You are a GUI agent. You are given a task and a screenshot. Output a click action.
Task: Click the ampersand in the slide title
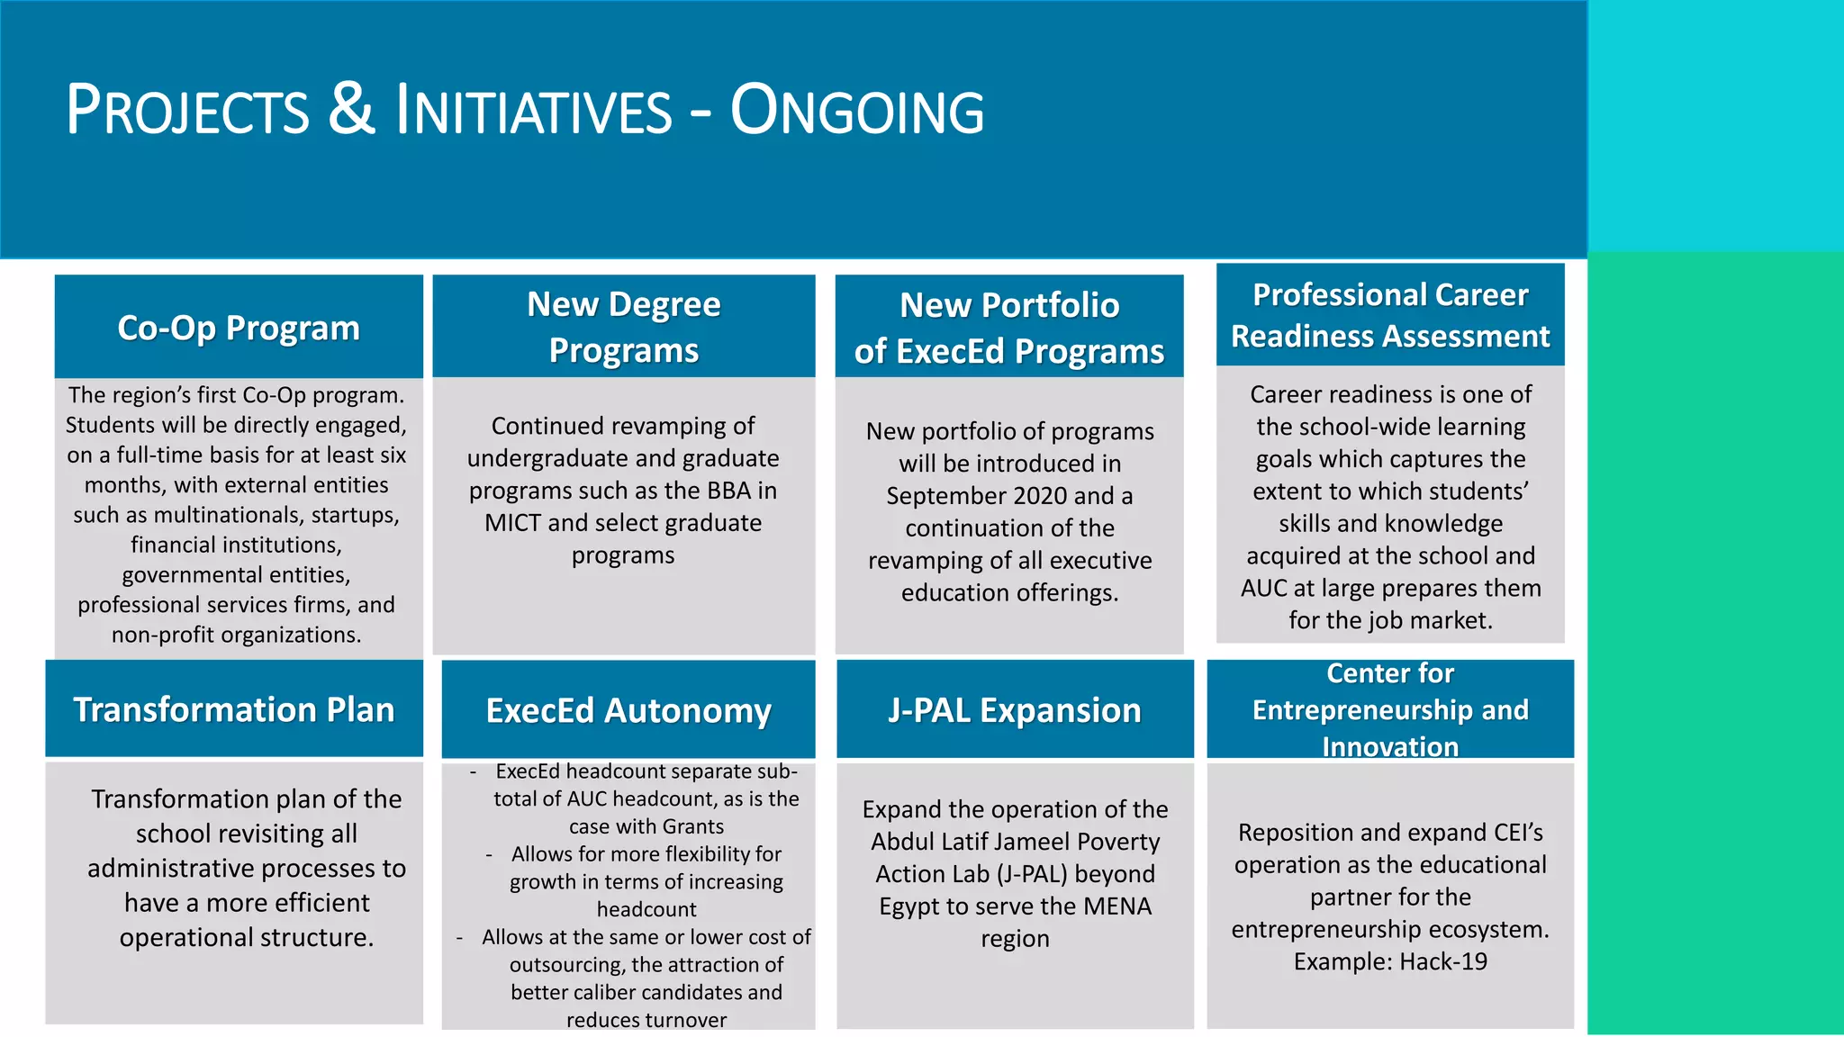[x=351, y=110]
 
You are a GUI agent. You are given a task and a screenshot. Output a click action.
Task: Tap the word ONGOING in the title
[x=856, y=112]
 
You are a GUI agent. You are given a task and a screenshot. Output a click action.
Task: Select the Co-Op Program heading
[x=239, y=328]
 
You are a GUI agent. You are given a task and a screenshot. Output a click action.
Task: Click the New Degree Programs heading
[x=624, y=327]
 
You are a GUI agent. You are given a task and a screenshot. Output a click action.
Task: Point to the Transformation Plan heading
[x=234, y=709]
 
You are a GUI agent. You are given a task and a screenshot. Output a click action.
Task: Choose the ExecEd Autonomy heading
[x=628, y=710]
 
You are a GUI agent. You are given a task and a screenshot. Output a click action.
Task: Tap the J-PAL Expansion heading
[x=1015, y=710]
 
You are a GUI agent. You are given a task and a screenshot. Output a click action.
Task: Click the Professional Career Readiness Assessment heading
[x=1390, y=315]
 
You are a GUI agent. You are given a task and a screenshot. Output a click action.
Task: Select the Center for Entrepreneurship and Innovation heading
[x=1390, y=709]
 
